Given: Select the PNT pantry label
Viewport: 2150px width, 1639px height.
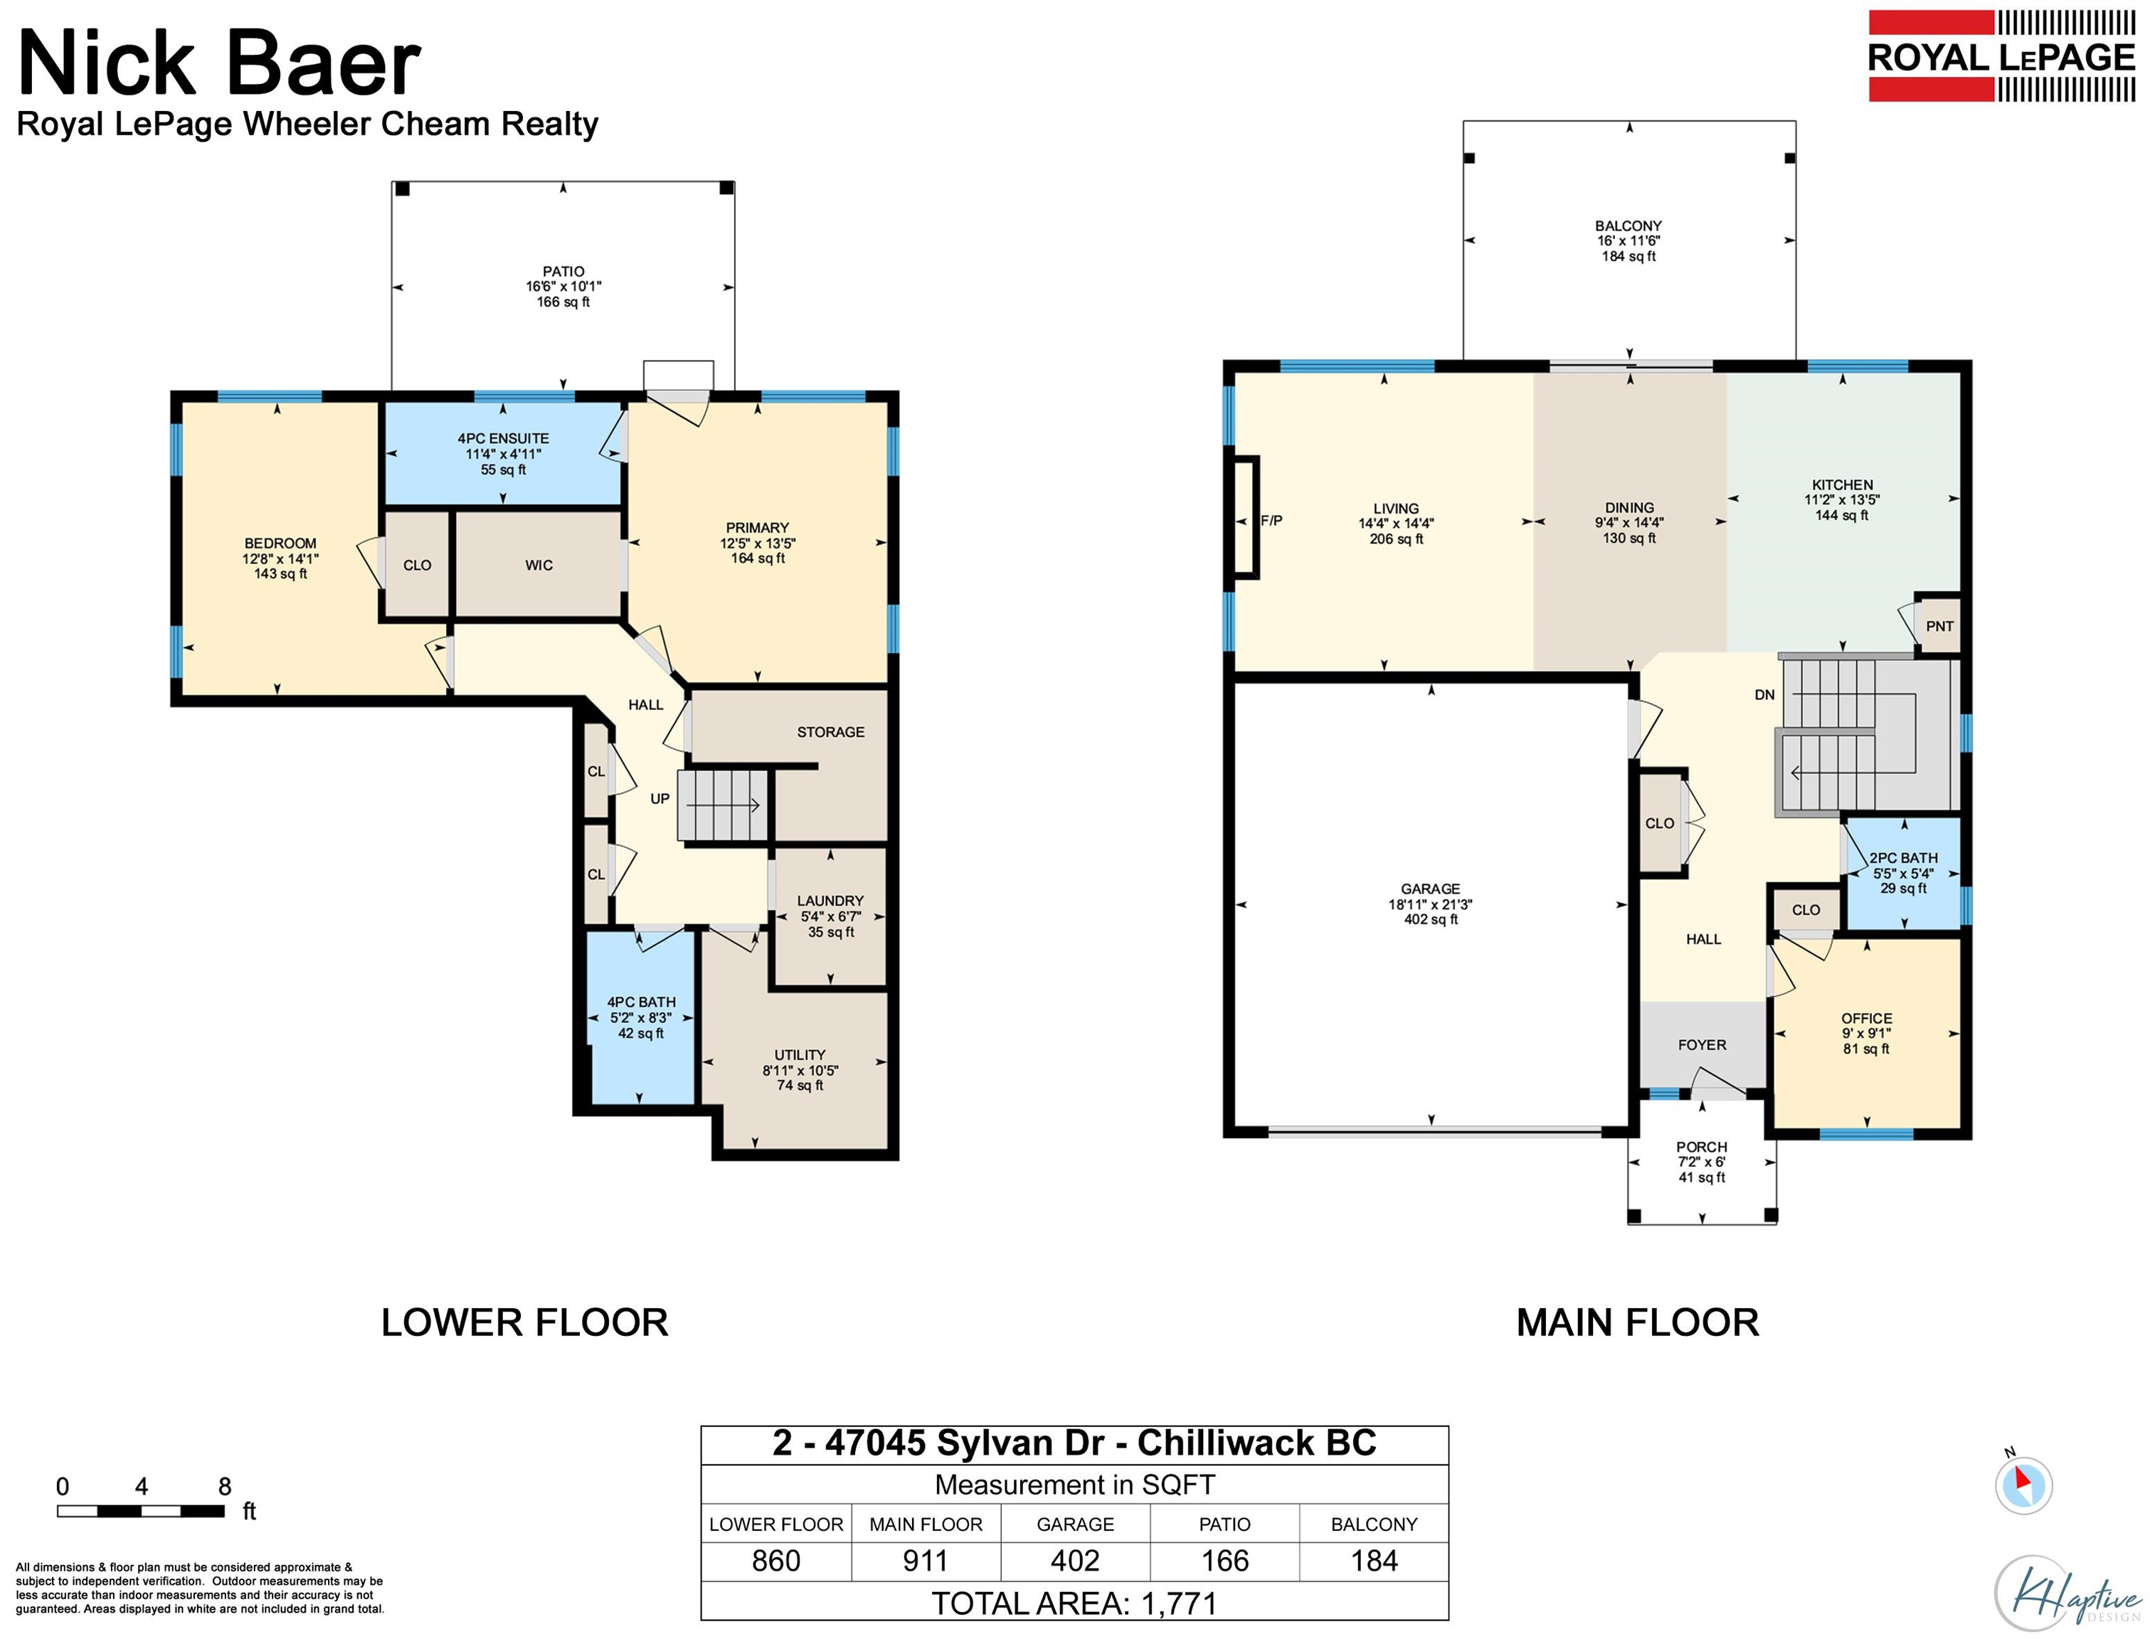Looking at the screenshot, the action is click(x=1939, y=626).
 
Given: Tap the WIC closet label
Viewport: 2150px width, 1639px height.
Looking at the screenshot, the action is click(x=539, y=565).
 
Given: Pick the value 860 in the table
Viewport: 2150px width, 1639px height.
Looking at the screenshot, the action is click(x=775, y=1561).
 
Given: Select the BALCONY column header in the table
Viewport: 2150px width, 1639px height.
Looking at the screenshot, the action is click(x=1374, y=1524).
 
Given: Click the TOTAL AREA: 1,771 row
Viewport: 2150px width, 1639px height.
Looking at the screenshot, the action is click(x=1074, y=1603).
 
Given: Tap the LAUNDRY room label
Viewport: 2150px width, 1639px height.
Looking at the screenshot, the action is click(x=830, y=901).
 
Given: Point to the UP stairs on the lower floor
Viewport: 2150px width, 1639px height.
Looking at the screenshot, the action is click(x=723, y=805).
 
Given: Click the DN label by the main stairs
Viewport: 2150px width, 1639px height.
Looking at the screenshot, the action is click(x=1764, y=694).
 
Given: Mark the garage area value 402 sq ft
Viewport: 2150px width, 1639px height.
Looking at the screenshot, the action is click(x=1431, y=919).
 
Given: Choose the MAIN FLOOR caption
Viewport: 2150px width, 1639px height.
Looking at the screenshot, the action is click(x=1638, y=1323).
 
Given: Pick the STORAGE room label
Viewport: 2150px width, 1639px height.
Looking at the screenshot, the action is click(x=830, y=732).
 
